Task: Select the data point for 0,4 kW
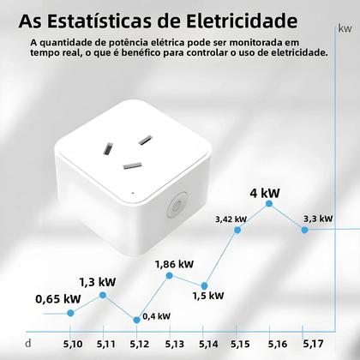point(136,319)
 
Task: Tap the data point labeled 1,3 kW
point(103,295)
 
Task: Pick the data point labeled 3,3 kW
point(304,229)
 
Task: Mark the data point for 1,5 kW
point(203,285)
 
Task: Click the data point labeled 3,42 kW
point(237,231)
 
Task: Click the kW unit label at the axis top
point(345,29)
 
